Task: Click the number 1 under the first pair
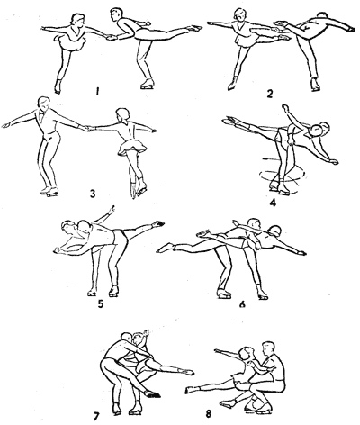97,91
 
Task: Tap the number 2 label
269,95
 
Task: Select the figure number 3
93,194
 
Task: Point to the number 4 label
273,203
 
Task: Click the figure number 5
101,303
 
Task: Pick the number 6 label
242,304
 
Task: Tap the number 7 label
96,416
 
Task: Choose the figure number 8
208,414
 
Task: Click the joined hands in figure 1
112,37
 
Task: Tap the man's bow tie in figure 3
40,113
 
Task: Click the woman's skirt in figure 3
133,148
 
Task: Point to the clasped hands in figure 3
86,128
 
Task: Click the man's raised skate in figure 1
193,28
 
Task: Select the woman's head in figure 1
76,20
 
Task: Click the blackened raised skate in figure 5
158,223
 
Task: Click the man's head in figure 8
268,348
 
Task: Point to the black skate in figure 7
152,394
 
